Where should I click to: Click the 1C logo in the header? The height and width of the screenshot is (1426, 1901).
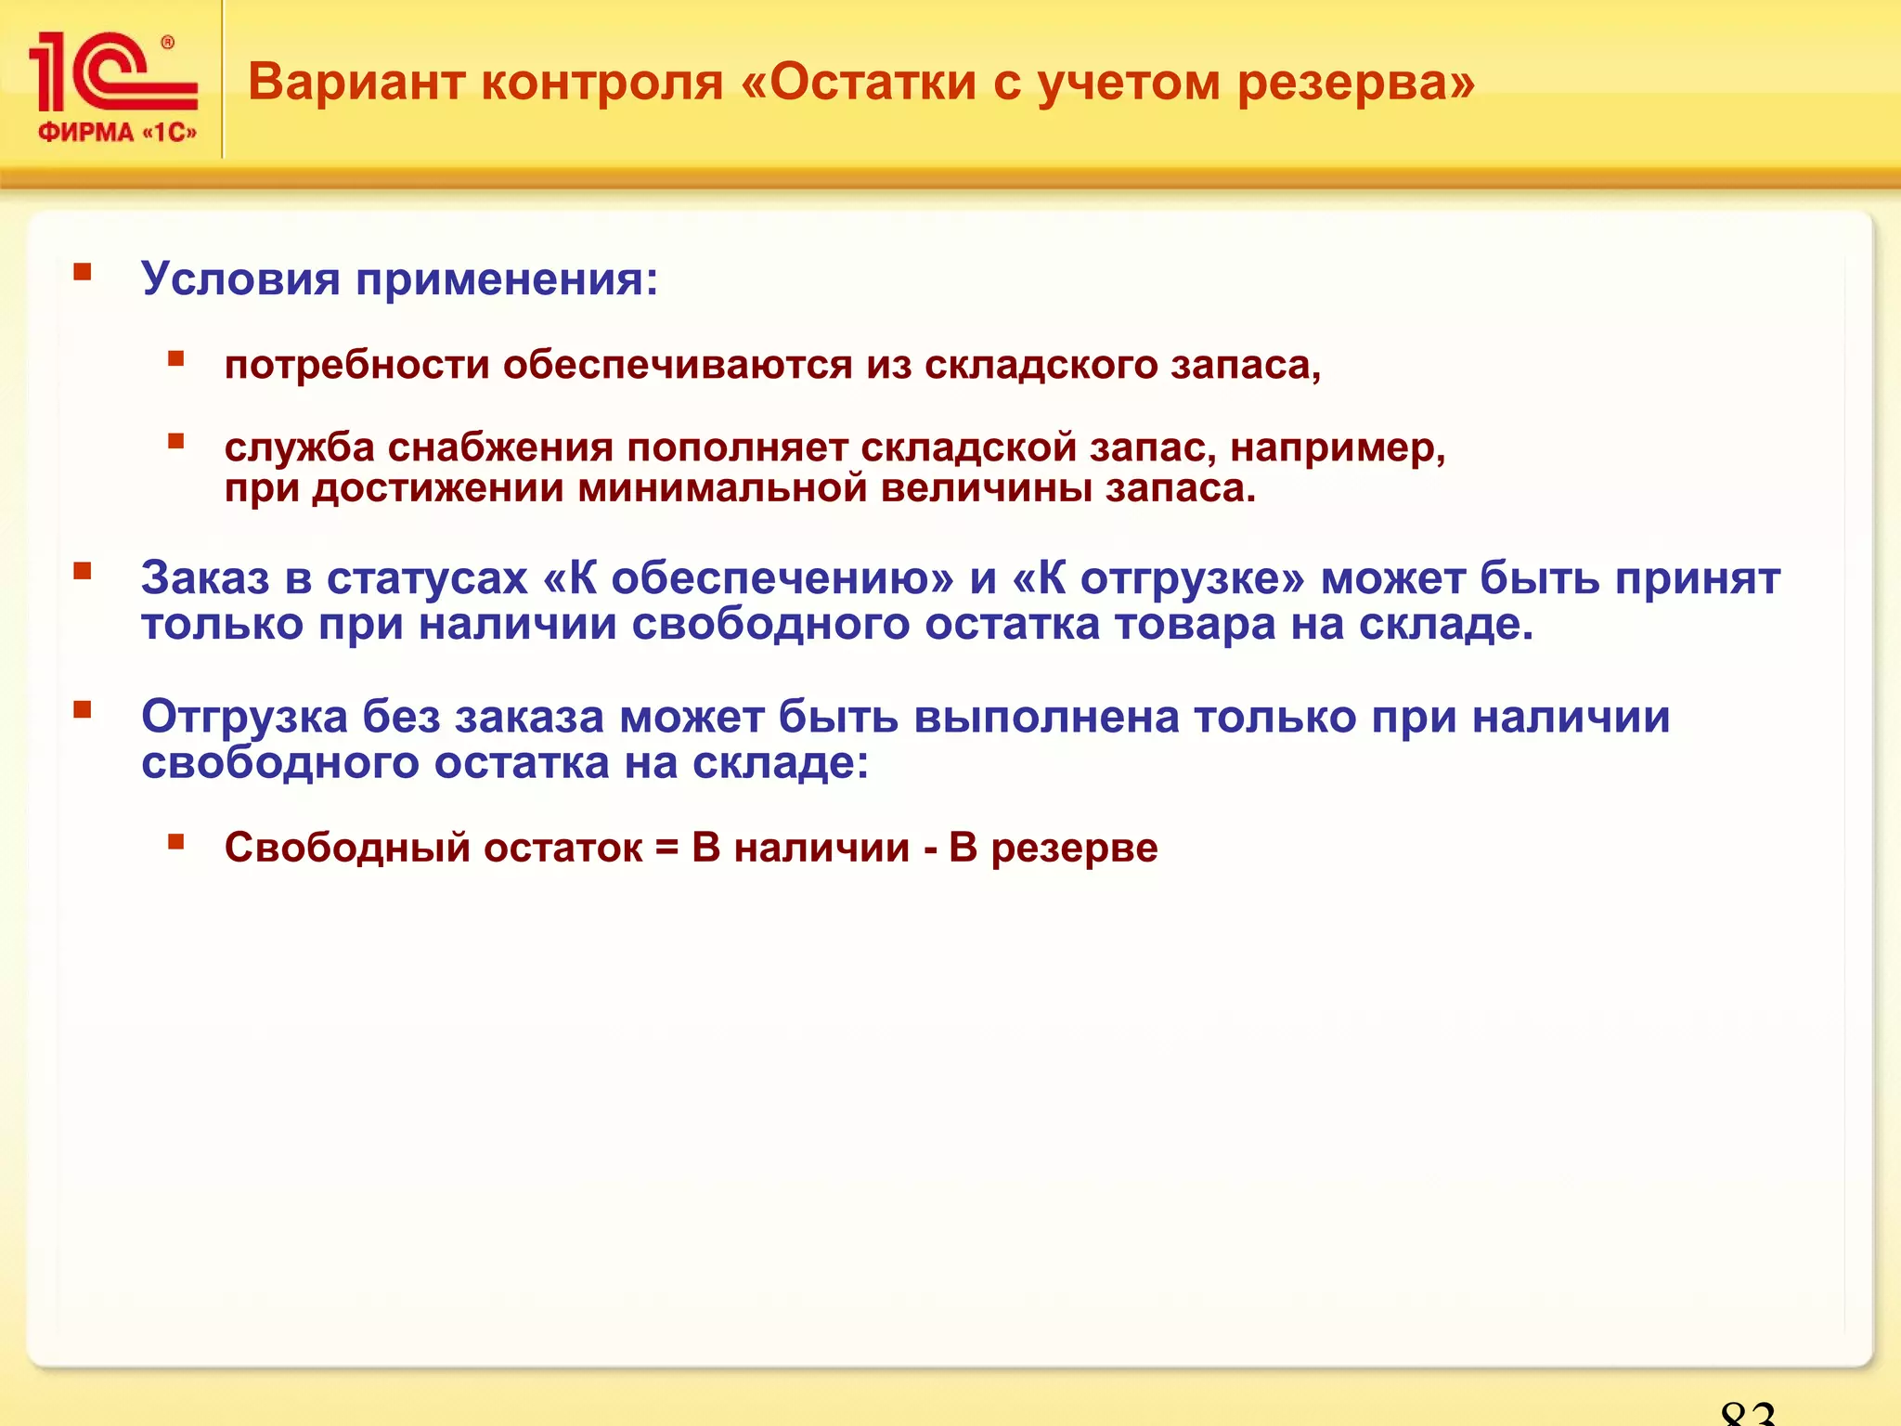coord(111,72)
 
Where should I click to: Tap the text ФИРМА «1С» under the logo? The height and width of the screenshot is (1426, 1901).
coord(117,133)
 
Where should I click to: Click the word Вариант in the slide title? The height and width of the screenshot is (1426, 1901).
coord(356,82)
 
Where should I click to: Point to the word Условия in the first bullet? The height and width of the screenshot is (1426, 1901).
coord(240,279)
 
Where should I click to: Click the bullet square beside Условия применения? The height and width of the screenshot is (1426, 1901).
coord(83,272)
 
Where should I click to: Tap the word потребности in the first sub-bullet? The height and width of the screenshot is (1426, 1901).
coord(356,366)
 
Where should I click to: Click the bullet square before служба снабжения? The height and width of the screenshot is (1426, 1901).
coord(175,441)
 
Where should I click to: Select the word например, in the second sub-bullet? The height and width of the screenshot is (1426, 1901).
coord(1338,449)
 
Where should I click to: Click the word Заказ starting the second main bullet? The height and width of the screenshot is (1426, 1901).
coord(205,578)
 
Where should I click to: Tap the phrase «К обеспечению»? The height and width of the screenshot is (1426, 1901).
coord(748,579)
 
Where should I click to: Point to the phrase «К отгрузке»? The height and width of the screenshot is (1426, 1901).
coord(1158,579)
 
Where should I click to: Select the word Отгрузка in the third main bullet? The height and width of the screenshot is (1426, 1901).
coord(244,718)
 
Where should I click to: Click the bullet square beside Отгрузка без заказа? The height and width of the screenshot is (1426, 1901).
coord(83,710)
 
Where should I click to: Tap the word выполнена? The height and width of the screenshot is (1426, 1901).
coord(1046,718)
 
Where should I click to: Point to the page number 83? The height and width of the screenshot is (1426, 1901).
coord(1747,1413)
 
